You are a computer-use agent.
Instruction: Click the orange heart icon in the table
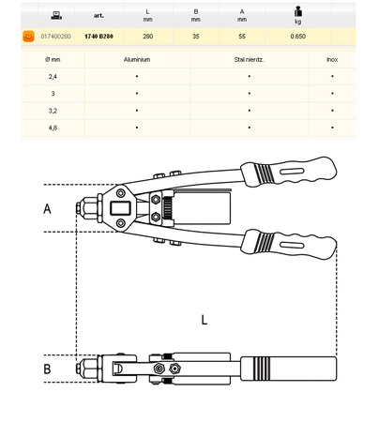(28, 37)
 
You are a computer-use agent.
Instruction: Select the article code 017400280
(55, 37)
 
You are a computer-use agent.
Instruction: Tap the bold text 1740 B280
(99, 37)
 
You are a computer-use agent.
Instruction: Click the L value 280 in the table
(148, 37)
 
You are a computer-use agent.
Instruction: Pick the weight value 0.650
(298, 37)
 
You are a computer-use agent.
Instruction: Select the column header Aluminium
(137, 59)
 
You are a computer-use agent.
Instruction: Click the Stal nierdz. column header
(250, 59)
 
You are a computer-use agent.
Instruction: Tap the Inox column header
(332, 59)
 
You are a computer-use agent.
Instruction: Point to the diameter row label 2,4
(53, 77)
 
